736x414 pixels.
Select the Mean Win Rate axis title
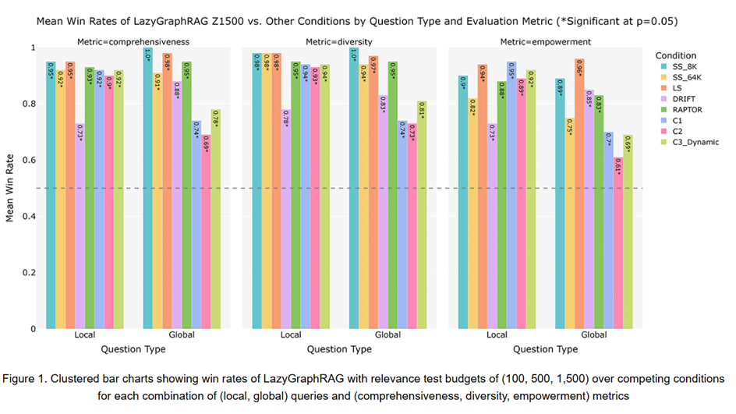(10, 187)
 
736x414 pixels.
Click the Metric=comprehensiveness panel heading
(134, 41)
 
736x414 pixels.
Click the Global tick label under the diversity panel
(388, 335)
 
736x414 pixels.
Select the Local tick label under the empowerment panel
(497, 335)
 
